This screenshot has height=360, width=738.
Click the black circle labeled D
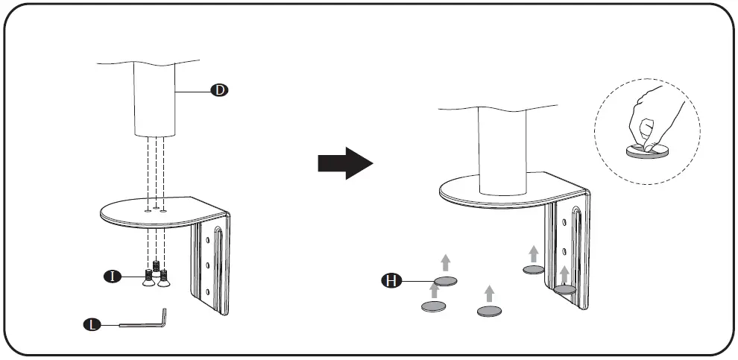(219, 90)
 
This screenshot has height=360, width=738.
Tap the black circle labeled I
(111, 277)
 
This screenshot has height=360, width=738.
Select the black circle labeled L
(91, 324)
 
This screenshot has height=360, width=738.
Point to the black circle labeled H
(389, 281)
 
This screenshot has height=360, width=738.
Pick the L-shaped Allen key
(145, 322)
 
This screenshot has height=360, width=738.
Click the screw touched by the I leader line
(148, 280)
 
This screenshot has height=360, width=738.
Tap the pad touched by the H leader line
(445, 281)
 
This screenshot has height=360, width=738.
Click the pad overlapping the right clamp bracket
(564, 289)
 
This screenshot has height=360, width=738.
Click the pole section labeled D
(156, 101)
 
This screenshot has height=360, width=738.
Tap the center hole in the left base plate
(156, 208)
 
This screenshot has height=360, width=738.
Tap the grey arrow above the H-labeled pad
(445, 262)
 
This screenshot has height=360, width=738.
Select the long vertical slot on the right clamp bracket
(575, 246)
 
